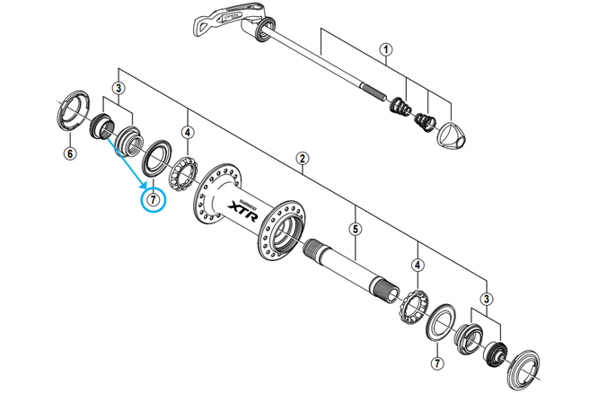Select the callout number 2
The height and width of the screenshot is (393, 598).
303,159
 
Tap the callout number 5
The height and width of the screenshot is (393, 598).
356,230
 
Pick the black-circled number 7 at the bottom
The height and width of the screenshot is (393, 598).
436,363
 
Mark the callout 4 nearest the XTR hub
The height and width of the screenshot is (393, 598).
187,132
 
